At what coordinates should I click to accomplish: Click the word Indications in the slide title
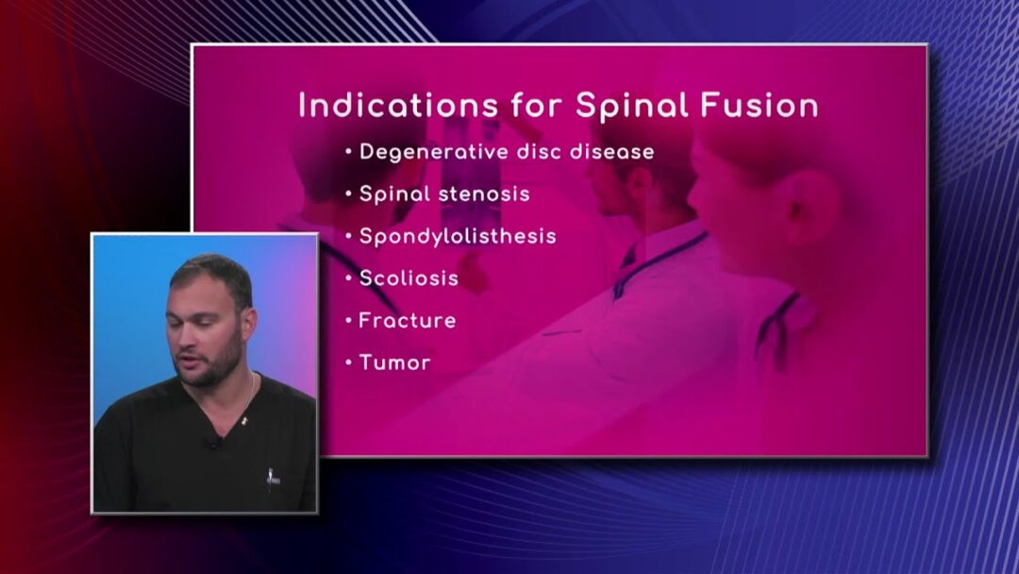point(398,106)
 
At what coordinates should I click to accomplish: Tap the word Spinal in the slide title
point(631,107)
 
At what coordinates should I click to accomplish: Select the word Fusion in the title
point(759,106)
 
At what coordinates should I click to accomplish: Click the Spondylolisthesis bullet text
point(458,237)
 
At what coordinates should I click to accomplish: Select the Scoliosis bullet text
point(409,279)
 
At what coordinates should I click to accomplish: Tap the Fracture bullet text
point(408,320)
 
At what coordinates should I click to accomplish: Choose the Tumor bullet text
point(394,363)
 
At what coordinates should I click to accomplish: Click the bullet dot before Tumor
point(349,363)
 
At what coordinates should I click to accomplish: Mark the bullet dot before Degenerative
point(349,152)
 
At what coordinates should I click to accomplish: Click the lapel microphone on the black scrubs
point(213,442)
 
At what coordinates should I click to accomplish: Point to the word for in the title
point(537,106)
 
